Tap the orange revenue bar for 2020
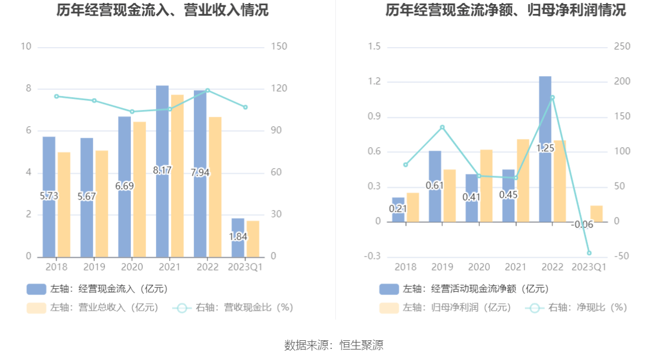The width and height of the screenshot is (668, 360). point(140,189)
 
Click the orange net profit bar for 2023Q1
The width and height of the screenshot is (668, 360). point(596,213)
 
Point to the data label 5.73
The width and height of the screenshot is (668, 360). point(49,197)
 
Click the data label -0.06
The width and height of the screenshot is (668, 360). point(582,224)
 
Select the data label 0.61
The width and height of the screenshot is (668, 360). point(435,186)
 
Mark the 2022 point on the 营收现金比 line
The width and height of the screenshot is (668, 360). point(208,90)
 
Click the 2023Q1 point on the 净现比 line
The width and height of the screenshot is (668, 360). point(589,253)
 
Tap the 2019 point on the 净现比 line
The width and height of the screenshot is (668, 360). point(442,127)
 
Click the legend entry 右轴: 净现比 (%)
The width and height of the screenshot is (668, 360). point(576,308)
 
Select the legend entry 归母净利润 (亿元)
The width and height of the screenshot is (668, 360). point(445,308)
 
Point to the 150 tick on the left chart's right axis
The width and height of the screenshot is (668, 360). point(279,47)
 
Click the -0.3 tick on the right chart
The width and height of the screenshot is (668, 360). point(374,256)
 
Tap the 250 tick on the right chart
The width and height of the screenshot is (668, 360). point(623,47)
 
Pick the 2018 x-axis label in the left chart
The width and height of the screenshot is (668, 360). point(56,267)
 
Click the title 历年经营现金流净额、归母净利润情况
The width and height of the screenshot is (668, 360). point(506,10)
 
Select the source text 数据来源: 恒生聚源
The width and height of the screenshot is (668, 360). point(334,345)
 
